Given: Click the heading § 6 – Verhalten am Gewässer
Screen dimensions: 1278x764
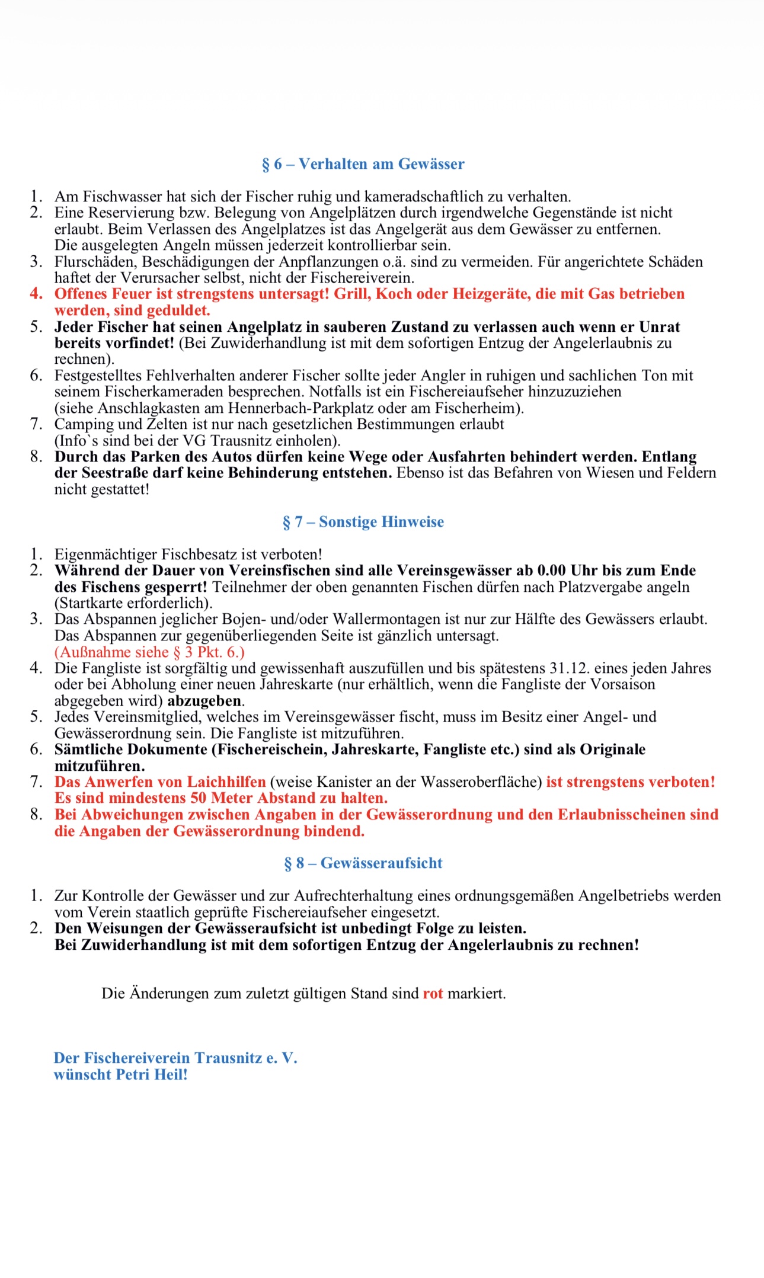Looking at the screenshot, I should pos(363,164).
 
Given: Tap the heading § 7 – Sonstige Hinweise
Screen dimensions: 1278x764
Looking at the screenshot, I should pos(363,522).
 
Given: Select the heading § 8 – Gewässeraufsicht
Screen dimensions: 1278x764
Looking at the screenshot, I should pos(363,863).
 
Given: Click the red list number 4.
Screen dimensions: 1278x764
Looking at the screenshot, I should pos(36,294).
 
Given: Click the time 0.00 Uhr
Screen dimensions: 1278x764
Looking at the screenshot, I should pos(567,571).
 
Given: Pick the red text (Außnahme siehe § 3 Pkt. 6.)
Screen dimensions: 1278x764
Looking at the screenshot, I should pos(149,652).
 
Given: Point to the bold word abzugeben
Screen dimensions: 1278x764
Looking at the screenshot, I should pos(204,701).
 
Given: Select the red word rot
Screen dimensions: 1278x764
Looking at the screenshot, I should pos(433,994).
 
